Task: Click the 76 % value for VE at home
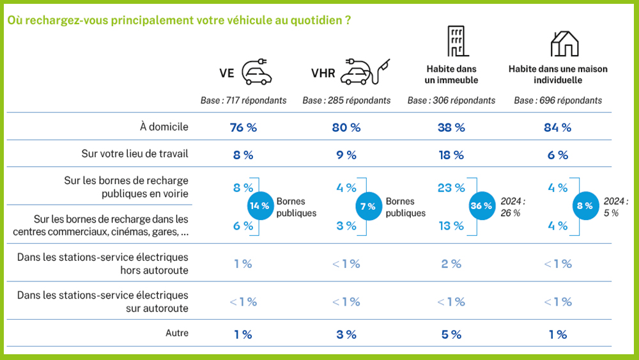click(x=243, y=127)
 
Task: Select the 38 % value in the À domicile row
click(x=451, y=127)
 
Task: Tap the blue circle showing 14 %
click(x=259, y=206)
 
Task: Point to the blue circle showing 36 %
click(x=481, y=206)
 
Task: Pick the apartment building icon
click(x=454, y=42)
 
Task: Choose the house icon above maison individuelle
click(x=564, y=43)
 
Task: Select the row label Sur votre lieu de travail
click(x=135, y=153)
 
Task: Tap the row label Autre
click(x=177, y=333)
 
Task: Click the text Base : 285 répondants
click(x=346, y=100)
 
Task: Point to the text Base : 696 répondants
click(x=558, y=100)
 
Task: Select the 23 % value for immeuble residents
click(x=451, y=188)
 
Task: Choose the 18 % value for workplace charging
click(x=451, y=155)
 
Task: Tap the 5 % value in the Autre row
click(x=451, y=334)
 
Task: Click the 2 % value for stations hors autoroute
click(x=451, y=263)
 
